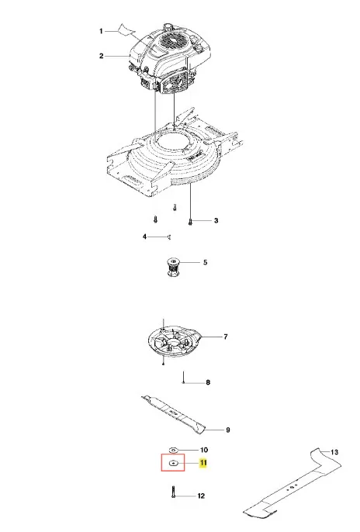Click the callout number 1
[101, 31]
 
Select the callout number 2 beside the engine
[101, 56]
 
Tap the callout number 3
[216, 220]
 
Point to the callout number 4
[144, 237]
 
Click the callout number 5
[205, 262]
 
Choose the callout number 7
[226, 337]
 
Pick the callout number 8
[209, 382]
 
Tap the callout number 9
[228, 430]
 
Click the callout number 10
[203, 450]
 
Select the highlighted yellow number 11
[203, 463]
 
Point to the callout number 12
[201, 496]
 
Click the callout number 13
[334, 452]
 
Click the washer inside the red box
[173, 463]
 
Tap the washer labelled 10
[173, 451]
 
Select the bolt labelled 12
[173, 492]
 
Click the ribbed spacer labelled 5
[173, 268]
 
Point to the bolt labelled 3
[190, 222]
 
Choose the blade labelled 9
[173, 413]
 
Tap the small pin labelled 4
[169, 237]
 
